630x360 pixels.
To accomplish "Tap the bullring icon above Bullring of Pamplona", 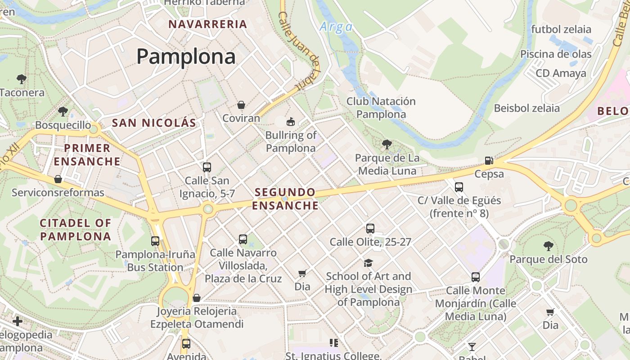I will tap(291, 121).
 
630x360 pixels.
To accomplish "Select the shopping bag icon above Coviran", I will tap(241, 105).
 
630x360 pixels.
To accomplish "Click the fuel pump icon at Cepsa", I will tap(489, 160).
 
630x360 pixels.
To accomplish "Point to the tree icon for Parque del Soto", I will tap(548, 246).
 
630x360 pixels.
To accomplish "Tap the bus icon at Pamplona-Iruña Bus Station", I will tap(155, 241).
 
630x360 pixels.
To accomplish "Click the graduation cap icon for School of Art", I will tap(368, 262).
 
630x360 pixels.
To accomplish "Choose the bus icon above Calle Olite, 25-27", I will tap(370, 228).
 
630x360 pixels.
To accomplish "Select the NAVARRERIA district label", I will tap(208, 24).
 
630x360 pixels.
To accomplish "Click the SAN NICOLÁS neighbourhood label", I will tap(154, 123).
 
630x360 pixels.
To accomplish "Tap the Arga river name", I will tap(336, 27).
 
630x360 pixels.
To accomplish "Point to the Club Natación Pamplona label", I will tap(381, 108).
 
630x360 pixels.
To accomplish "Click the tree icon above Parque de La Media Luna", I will tap(387, 144).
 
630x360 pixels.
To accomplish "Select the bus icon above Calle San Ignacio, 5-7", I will tap(207, 167).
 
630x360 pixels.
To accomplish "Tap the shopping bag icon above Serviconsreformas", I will tap(58, 179).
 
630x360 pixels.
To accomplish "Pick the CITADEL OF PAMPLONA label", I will tap(76, 229).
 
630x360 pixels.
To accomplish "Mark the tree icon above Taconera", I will tap(21, 79).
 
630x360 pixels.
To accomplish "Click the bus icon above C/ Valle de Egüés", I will tap(459, 187).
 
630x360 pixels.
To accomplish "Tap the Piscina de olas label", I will tap(556, 54).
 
